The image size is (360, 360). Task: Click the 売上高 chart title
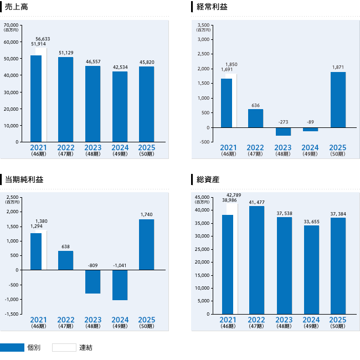16,7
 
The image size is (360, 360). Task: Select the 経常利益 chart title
212,7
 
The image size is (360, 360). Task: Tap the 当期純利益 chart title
24,179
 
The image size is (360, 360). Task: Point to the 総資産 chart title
208,179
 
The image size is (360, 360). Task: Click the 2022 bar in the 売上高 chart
65,100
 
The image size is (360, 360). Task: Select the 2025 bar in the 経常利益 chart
338,100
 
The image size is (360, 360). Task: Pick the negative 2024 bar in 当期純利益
120,285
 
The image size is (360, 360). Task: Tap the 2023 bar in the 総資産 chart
284,265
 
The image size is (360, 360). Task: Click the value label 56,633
42,39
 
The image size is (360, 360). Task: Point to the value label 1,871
338,67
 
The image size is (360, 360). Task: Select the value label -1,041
120,265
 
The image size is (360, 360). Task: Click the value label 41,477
256,202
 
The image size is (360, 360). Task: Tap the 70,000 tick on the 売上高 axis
11,25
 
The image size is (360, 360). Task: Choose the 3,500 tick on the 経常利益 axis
203,25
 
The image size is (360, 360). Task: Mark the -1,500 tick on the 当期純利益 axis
11,314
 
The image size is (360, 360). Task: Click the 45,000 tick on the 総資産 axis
201,197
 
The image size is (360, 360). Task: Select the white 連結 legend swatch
64,348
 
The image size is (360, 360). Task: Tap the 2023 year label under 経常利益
283,147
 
